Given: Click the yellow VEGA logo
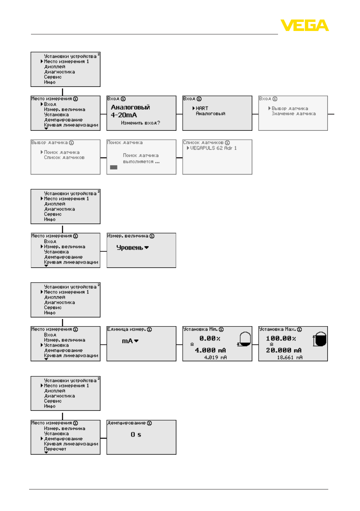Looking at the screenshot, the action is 304,25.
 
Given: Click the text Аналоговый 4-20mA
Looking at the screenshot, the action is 130,111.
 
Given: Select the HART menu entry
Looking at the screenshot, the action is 202,108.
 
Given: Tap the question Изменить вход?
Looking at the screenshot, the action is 141,123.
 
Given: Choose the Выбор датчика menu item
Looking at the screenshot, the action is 290,108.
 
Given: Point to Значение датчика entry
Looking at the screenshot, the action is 294,114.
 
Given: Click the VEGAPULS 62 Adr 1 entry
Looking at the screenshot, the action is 213,148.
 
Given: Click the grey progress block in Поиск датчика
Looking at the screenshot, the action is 114,167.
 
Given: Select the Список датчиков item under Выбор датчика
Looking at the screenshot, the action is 64,157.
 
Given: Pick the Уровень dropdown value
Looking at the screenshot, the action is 132,248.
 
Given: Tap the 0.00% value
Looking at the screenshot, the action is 210,338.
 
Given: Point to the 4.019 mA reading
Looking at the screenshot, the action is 215,358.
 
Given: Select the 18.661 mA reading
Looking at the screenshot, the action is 290,358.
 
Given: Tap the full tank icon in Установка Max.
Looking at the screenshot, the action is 320,339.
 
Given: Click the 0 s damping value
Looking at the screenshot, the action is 136,435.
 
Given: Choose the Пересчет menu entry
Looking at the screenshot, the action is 55,449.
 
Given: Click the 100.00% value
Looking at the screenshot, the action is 281,338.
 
